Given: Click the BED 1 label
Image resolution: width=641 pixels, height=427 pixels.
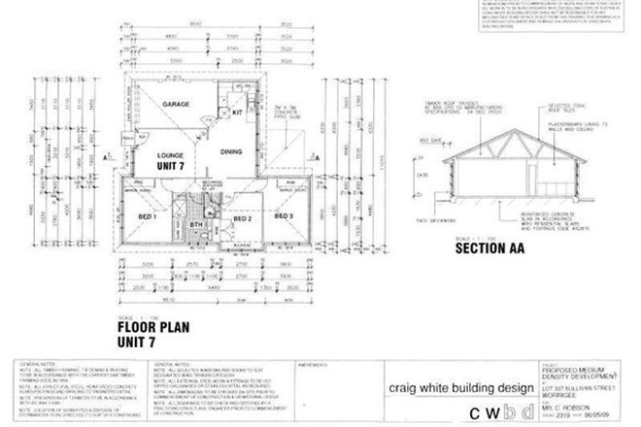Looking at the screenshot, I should coord(148,216).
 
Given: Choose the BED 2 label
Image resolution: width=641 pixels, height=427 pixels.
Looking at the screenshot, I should coord(243,219).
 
